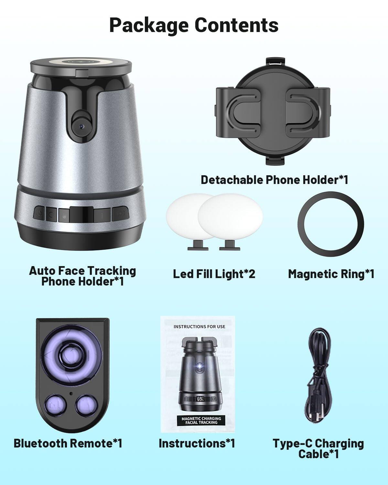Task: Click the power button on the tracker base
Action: [x=39, y=213]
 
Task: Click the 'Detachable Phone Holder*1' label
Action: [x=275, y=180]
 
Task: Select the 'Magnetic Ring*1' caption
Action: [x=331, y=274]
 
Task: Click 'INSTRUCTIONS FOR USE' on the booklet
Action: [x=199, y=327]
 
